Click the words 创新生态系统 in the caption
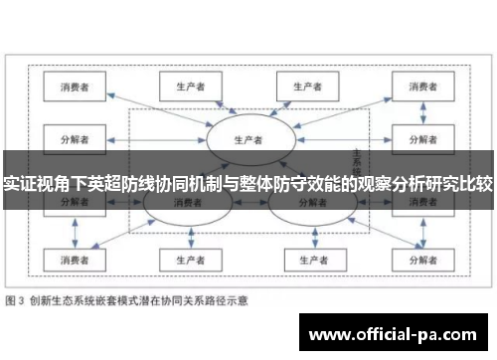coord(66,299)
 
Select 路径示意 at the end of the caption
coord(225,299)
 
